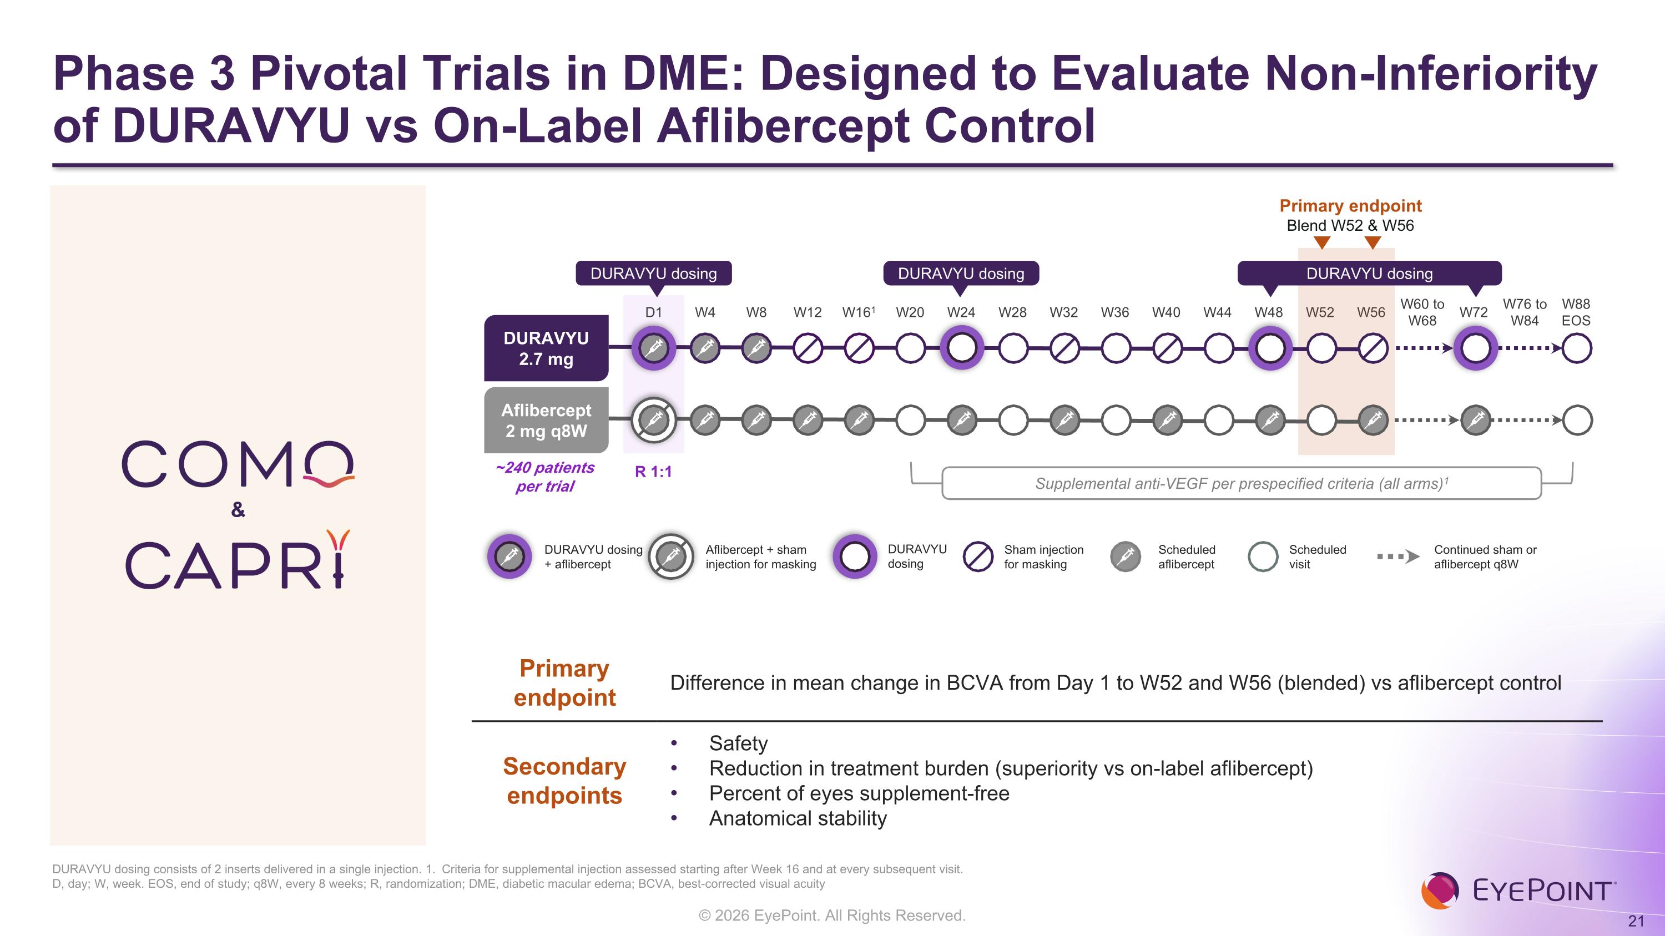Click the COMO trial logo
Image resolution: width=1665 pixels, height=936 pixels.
tap(238, 464)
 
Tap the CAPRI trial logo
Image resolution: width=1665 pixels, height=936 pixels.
tap(238, 561)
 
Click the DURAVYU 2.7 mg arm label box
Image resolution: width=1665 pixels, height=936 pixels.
tap(546, 348)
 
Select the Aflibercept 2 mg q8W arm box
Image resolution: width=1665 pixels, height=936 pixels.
tap(546, 421)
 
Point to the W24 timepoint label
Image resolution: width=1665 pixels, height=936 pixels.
tap(961, 312)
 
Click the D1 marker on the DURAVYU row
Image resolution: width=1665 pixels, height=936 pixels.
tap(653, 348)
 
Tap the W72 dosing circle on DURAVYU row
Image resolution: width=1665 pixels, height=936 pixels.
tap(1475, 348)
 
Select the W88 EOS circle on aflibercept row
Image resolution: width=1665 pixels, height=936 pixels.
tap(1576, 421)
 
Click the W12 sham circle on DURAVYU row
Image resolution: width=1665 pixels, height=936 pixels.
tap(808, 349)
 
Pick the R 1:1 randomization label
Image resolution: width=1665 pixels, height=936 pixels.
tap(653, 472)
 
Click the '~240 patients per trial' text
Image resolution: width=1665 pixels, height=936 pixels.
tap(545, 477)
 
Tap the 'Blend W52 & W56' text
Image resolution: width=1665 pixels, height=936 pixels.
tap(1350, 225)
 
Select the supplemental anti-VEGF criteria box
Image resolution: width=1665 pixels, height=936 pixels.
tap(1241, 483)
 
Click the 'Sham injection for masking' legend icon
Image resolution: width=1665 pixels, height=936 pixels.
tap(978, 556)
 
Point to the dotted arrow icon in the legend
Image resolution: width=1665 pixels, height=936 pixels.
tap(1397, 556)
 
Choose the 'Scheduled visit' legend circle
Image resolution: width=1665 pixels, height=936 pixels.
tap(1262, 556)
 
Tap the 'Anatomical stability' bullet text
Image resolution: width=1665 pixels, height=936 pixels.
tap(798, 818)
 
